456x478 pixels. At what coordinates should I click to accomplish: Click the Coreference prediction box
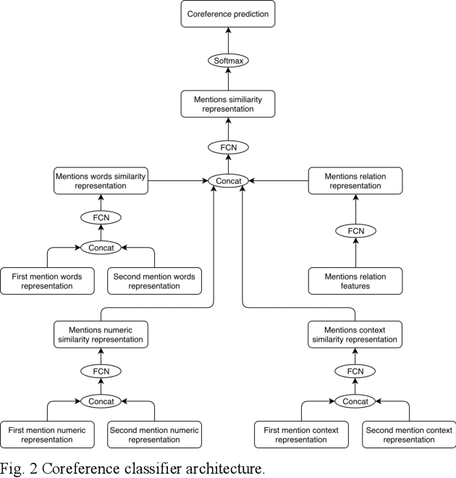click(228, 14)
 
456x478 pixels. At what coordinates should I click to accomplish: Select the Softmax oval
click(228, 60)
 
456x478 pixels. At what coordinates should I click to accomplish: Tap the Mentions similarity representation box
click(228, 104)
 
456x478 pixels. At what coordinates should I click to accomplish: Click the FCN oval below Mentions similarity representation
click(228, 147)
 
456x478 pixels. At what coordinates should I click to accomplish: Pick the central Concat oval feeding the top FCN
click(228, 180)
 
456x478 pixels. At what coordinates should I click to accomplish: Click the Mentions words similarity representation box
click(101, 180)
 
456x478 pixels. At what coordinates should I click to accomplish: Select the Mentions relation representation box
click(355, 180)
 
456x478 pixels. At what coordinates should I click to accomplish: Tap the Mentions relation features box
click(355, 281)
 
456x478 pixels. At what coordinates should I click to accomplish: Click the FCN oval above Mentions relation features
click(355, 231)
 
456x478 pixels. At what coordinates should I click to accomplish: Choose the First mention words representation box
click(48, 281)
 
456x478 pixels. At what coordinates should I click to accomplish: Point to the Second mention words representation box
click(154, 281)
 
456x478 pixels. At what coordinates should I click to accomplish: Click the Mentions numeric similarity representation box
click(101, 335)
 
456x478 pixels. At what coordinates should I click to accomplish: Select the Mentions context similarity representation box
click(355, 335)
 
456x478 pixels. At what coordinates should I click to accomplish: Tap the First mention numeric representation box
click(48, 435)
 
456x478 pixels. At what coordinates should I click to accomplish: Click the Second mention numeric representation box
click(154, 435)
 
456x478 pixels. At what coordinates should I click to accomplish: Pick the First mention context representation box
click(301, 435)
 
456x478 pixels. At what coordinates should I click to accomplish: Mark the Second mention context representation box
click(409, 435)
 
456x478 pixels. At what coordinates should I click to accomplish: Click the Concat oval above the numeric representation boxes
click(101, 401)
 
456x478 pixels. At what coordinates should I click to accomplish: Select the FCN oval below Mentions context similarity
click(355, 371)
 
